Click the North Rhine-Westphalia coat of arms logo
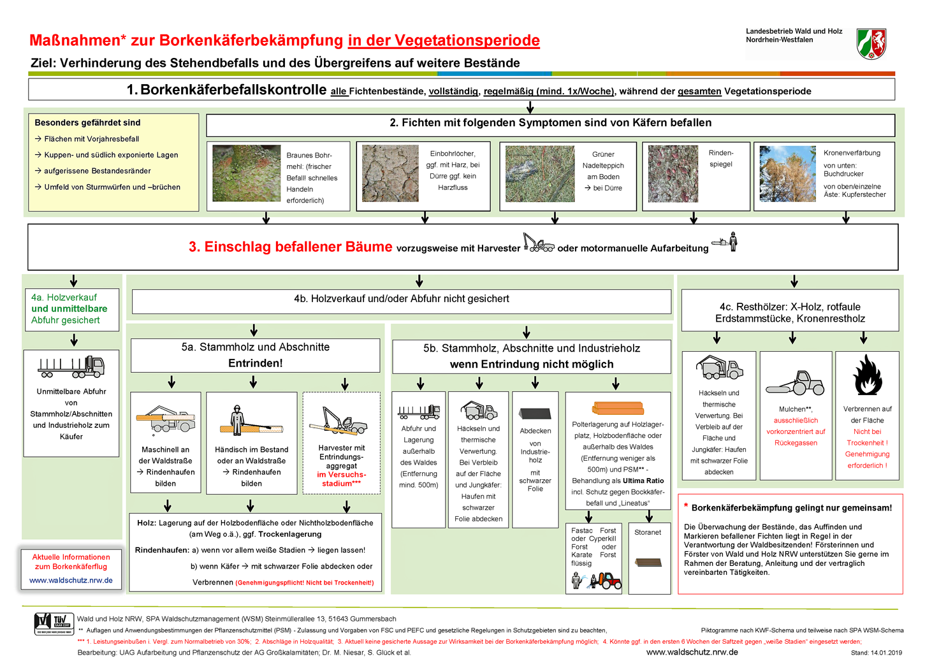point(871,43)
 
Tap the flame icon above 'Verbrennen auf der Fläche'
point(868,375)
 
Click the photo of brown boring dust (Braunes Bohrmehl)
point(247,173)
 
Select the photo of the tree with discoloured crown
point(787,173)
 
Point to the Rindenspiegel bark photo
point(673,173)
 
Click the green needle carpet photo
point(539,173)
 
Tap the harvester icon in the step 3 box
point(538,243)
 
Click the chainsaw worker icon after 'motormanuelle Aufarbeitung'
point(726,242)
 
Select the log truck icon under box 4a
point(71,367)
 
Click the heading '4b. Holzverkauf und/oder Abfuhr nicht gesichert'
point(402,299)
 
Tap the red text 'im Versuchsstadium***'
point(341,479)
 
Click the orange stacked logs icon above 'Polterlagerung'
point(618,409)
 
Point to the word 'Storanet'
point(648,532)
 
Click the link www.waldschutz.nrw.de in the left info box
point(71,581)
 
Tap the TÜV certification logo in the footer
point(54,623)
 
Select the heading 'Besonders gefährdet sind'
point(87,123)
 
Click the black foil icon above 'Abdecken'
point(535,413)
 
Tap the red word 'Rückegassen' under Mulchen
point(796,443)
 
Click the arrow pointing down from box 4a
point(74,340)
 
